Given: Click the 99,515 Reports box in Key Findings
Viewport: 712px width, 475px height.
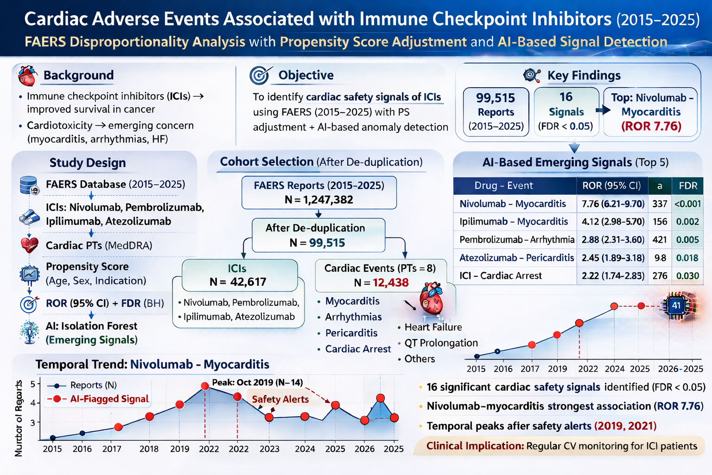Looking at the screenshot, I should coord(496,112).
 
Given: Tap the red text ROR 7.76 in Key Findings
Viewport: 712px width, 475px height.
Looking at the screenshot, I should coord(651,126).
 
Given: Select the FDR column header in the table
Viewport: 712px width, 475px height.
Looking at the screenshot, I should coord(688,186).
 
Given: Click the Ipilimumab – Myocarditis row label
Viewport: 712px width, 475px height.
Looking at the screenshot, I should coord(514,222).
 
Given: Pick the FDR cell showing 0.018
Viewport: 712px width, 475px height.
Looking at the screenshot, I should coord(687,258).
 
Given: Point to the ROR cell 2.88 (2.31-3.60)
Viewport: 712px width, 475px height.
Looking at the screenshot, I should coord(613,240).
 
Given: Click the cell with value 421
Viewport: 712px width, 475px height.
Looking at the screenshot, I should coord(660,240).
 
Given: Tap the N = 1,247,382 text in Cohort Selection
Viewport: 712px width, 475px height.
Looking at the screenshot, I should coord(319,200).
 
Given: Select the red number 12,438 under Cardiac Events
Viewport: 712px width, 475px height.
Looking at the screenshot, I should coord(390,282).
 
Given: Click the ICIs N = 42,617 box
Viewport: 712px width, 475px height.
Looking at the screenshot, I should coord(239,276).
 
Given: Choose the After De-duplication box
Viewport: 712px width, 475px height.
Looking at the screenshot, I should coord(318,235).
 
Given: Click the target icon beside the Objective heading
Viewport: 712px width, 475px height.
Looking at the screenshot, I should coord(259,75).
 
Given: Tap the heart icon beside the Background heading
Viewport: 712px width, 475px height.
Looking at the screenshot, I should coord(27,76).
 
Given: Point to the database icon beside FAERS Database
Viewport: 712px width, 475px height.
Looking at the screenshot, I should coord(29,185).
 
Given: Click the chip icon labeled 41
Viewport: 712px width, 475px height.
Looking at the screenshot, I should coord(676,305).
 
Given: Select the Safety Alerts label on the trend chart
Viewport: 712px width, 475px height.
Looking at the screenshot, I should coord(280,399).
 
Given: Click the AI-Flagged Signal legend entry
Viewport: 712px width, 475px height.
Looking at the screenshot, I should coord(109,399).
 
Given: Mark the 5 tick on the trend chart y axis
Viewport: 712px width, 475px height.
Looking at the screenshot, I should coord(33,384).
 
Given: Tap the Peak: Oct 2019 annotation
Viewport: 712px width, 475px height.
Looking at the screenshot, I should coord(257,383).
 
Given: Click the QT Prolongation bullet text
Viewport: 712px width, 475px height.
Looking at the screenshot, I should coord(441,343).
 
